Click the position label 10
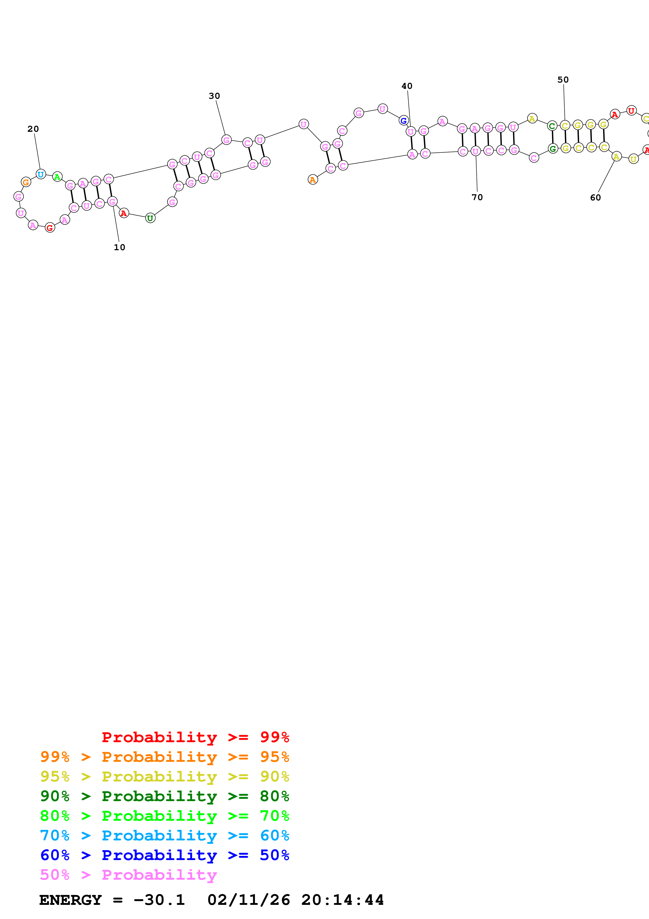point(119,247)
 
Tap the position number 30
point(214,96)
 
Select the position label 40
point(407,86)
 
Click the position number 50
point(563,80)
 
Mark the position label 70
point(477,197)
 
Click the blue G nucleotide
point(403,121)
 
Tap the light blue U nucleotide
point(40,174)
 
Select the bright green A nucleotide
point(57,177)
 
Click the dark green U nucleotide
point(150,218)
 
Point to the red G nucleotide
point(49,228)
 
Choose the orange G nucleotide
point(26,182)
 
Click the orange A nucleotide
point(313,180)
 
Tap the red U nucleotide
point(631,111)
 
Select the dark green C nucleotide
point(552,126)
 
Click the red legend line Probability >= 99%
point(195,737)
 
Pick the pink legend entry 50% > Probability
point(128,875)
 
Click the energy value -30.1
point(159,900)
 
